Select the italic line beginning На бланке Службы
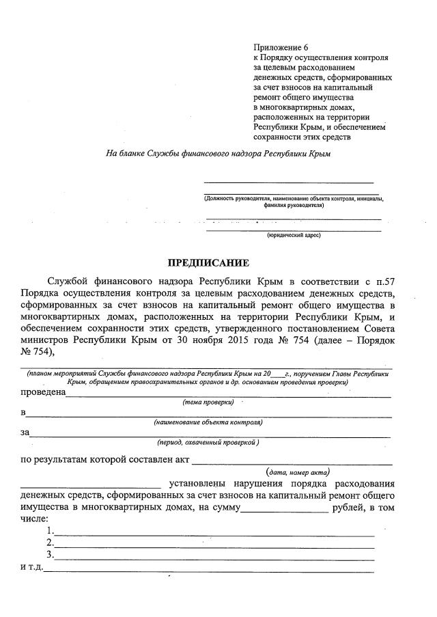(218, 154)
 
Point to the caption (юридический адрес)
(293, 235)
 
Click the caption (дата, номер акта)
(298, 472)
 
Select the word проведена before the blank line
(42, 392)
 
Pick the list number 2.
(50, 543)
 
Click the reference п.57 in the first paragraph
(384, 281)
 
